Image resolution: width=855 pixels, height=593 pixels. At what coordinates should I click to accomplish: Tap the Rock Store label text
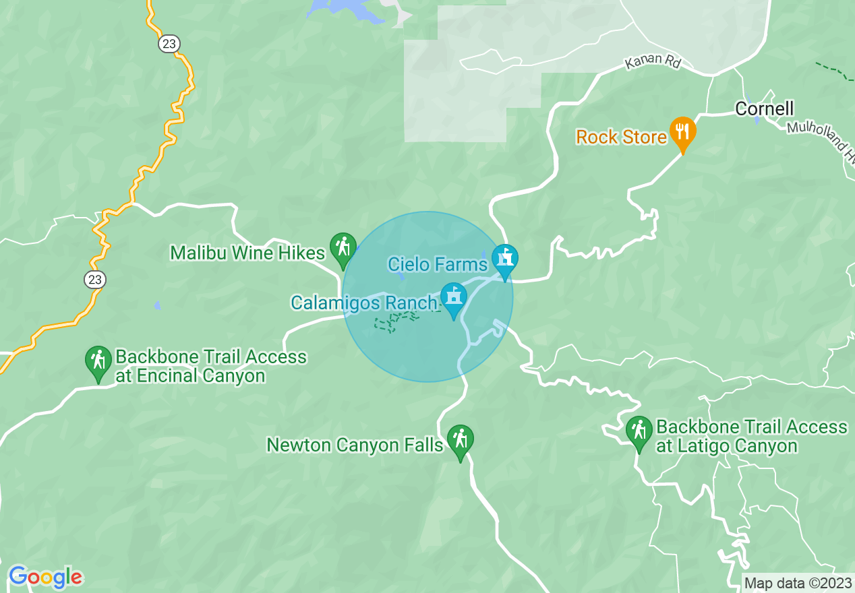(620, 137)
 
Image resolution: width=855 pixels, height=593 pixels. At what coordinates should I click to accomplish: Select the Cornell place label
(764, 108)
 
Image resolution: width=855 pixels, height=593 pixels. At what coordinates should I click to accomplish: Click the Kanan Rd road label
(653, 63)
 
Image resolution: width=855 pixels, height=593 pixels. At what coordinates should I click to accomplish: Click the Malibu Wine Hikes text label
(247, 253)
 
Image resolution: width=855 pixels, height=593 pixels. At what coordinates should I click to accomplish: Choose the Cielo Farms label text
(437, 264)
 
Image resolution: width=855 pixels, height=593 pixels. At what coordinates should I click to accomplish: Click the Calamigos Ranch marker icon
(454, 297)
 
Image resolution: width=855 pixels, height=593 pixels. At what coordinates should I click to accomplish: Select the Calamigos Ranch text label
(363, 303)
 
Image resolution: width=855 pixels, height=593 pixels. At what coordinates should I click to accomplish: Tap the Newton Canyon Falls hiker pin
(461, 440)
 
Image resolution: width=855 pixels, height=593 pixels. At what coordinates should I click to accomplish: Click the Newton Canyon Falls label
(355, 445)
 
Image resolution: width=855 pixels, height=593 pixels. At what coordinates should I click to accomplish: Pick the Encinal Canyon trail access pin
(98, 362)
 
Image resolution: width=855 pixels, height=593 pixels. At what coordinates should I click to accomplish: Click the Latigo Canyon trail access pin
(639, 431)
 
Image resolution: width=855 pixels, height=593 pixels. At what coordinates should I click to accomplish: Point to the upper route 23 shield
(169, 44)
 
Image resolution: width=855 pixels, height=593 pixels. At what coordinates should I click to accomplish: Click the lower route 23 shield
(95, 279)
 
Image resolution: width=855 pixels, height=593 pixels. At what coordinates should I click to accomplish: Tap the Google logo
(45, 577)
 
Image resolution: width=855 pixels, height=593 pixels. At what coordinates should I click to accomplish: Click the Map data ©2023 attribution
(798, 583)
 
